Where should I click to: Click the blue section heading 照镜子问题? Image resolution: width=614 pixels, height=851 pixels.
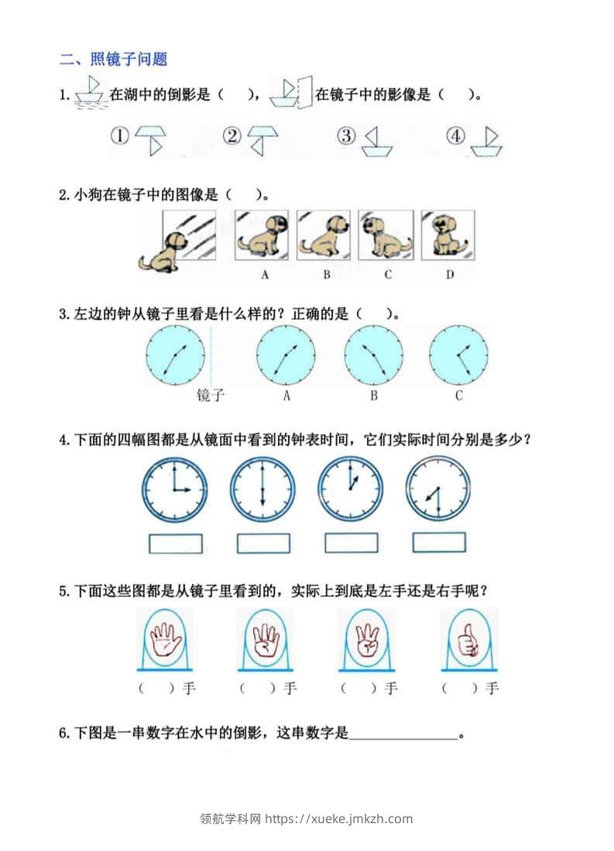pos(129,59)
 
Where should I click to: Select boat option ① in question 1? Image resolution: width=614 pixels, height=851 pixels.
pos(150,140)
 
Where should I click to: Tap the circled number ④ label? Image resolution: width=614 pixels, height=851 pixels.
pos(455,136)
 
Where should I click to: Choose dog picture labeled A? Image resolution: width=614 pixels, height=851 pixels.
pos(262,235)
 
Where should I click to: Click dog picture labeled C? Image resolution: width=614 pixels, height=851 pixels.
pos(386,235)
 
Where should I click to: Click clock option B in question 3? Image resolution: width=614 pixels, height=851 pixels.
pos(373,355)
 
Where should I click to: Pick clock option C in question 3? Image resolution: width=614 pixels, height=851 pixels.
pos(458,355)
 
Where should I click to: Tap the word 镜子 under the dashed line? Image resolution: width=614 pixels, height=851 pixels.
pos(210,395)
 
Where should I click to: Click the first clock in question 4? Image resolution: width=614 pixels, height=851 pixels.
pos(175,490)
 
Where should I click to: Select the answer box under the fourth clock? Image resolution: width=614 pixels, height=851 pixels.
pos(439,542)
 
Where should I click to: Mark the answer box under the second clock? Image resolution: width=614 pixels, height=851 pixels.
pos(263,543)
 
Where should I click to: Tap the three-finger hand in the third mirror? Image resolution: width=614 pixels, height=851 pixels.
pos(368,641)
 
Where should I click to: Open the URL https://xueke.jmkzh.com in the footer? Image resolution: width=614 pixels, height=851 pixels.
pos(339,818)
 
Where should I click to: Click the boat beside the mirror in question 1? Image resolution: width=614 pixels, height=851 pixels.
pos(284,94)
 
